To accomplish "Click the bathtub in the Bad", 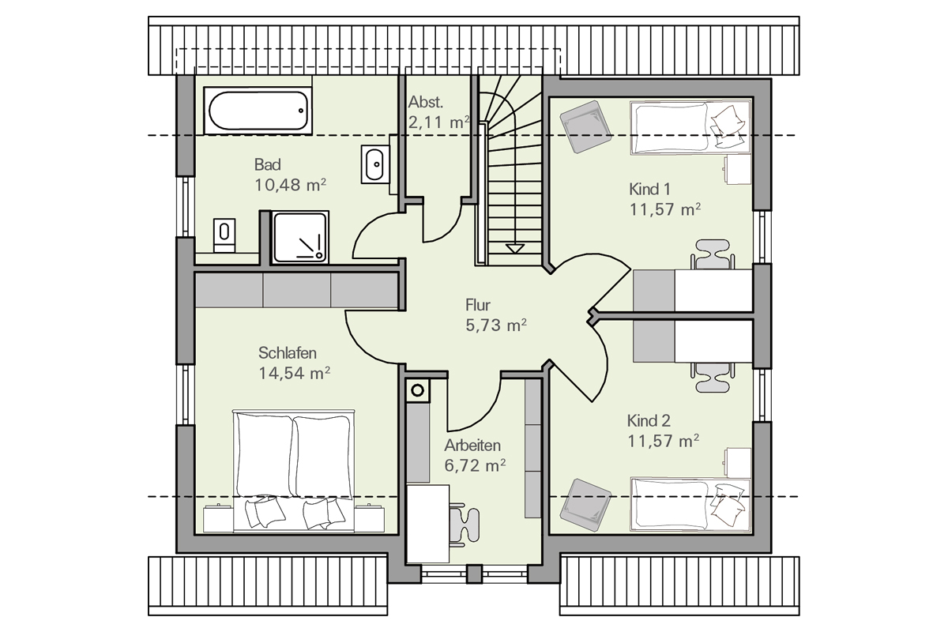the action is tap(258, 111).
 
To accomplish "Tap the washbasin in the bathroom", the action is tap(375, 164).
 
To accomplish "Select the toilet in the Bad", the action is tap(224, 235).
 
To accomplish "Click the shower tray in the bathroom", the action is tap(299, 237).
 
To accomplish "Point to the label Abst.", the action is tap(426, 102).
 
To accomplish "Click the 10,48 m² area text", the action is tap(291, 185).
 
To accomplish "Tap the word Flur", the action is tap(478, 305).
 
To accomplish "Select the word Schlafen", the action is tap(288, 352).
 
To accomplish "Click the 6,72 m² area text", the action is tap(475, 465).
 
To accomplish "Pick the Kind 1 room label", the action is tap(649, 190).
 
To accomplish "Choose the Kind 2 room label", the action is tap(649, 421).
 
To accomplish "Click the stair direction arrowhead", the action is tap(514, 249).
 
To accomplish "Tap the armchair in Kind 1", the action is tap(585, 126).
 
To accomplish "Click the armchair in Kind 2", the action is tap(585, 505).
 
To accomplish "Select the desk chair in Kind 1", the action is tap(713, 254).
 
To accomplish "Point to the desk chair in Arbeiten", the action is tap(464, 525).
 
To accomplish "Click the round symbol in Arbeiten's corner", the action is tap(418, 390).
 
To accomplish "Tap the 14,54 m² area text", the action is tap(294, 374).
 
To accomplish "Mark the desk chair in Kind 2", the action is tap(713, 377).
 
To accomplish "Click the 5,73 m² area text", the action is tap(496, 325).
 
